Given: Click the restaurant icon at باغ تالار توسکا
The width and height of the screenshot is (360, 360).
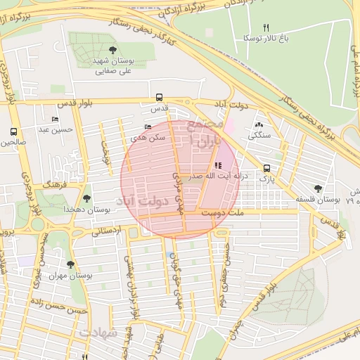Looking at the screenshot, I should [x=266, y=27].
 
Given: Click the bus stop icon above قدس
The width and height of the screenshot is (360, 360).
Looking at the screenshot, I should [x=160, y=98].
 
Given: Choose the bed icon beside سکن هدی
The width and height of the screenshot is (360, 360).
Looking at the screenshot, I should [x=147, y=127].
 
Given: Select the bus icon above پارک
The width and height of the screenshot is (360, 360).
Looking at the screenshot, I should [x=266, y=168].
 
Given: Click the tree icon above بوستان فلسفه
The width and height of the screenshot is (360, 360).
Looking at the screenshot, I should [x=319, y=188].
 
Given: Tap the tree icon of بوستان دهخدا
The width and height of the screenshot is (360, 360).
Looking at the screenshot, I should [x=86, y=199].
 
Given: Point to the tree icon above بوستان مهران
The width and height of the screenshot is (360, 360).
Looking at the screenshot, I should [x=70, y=264].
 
